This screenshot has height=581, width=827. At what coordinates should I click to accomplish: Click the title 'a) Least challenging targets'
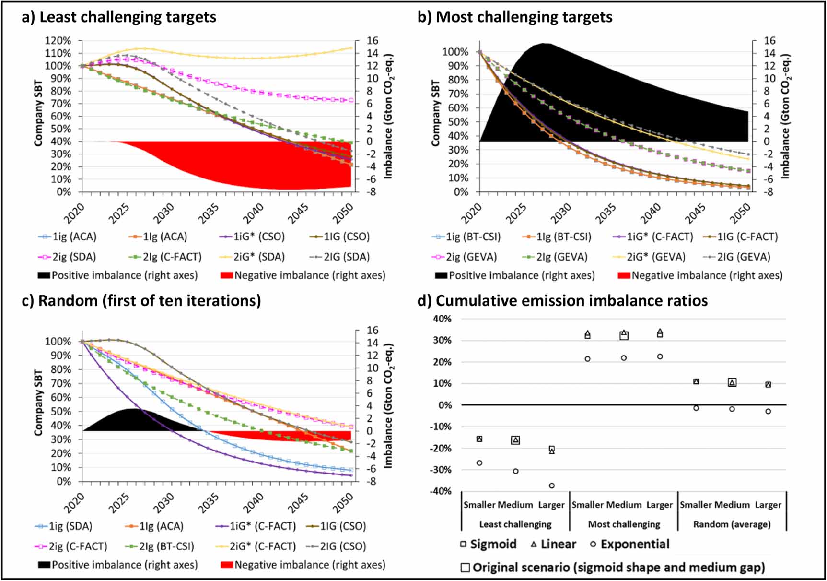[x=119, y=17]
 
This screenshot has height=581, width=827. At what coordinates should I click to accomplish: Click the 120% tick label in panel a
[x=58, y=41]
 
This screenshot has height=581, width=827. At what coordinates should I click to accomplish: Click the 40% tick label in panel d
[x=442, y=319]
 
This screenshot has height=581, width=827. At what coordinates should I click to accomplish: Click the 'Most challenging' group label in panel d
[x=624, y=524]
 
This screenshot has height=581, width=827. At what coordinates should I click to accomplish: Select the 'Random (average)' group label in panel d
[x=732, y=524]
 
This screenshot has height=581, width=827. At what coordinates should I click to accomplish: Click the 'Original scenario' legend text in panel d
[x=618, y=568]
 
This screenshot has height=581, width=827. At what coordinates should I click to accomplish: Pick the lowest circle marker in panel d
[x=552, y=486]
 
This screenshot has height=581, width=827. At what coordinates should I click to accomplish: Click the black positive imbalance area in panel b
[x=599, y=96]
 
